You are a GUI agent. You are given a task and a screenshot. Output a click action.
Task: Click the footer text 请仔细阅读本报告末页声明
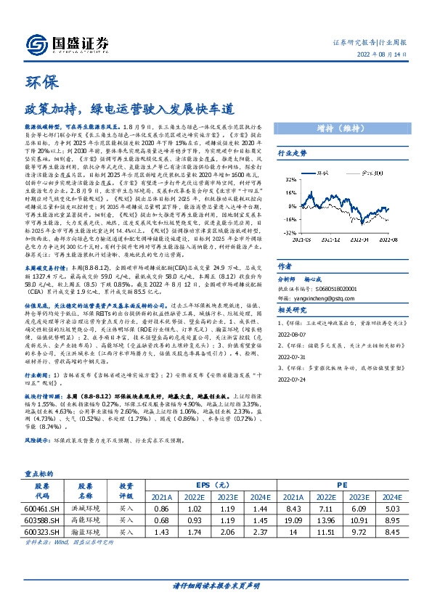216,585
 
